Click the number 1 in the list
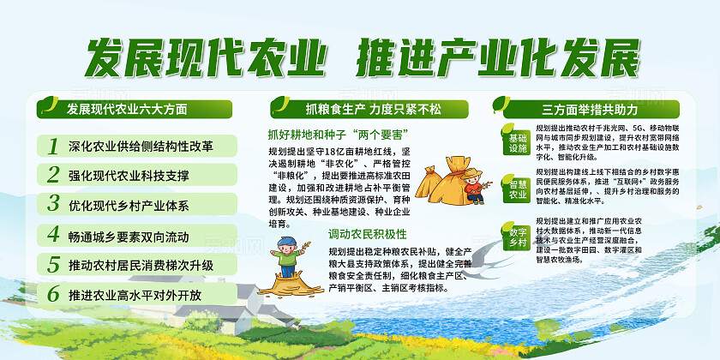(x=53, y=146)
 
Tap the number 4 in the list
(x=53, y=234)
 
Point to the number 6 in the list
(x=53, y=293)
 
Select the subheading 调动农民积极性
(x=367, y=233)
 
